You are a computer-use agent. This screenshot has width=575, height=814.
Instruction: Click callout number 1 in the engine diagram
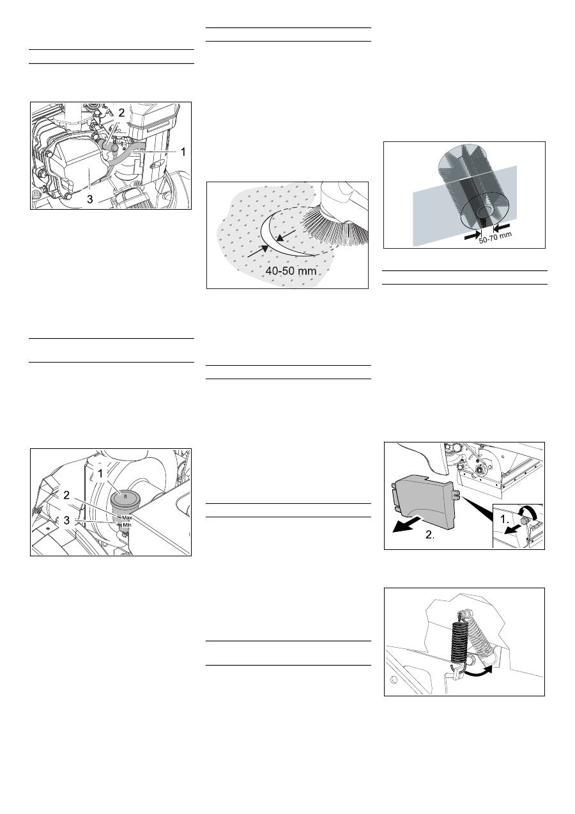[x=183, y=152]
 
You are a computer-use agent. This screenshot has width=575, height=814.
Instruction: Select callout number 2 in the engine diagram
[x=121, y=113]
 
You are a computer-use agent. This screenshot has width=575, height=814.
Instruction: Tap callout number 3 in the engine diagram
[x=90, y=199]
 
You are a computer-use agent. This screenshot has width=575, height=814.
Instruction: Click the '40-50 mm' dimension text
[x=291, y=270]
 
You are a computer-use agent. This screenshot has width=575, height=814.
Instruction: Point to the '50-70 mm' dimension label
[x=495, y=237]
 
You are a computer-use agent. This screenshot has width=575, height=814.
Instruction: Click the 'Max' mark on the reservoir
[x=126, y=517]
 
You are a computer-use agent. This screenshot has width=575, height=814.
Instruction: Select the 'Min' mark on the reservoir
[x=126, y=525]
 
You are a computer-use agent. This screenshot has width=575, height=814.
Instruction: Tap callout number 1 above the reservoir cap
[x=101, y=473]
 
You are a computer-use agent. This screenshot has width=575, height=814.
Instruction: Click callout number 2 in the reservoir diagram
[x=66, y=496]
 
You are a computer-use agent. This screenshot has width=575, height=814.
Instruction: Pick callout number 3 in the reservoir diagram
[x=66, y=520]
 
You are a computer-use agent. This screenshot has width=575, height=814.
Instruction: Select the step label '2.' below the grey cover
[x=430, y=535]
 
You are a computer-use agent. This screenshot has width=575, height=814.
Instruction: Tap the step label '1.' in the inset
[x=504, y=519]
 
